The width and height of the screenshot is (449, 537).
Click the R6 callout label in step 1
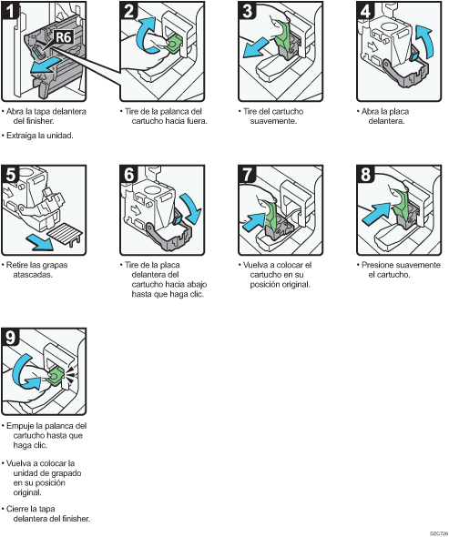(64, 36)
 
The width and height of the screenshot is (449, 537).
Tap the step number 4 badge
(365, 10)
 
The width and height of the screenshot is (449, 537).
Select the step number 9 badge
(10, 337)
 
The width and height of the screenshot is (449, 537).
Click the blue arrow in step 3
(255, 48)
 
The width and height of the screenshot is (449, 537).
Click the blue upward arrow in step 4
(424, 41)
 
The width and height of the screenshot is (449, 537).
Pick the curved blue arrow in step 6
(191, 208)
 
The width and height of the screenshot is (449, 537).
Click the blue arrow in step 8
(375, 214)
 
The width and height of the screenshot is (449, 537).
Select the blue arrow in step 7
(254, 221)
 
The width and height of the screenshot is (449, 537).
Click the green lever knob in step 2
(173, 43)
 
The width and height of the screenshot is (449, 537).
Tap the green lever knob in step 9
(55, 376)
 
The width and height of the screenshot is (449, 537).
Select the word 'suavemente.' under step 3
(273, 121)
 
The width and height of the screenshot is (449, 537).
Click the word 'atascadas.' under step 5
(33, 275)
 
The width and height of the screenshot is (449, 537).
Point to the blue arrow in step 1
(43, 66)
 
